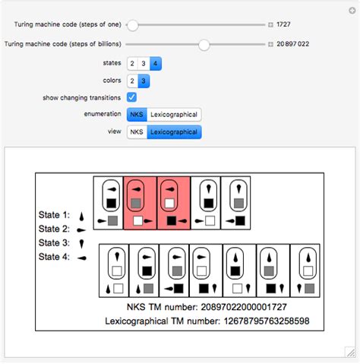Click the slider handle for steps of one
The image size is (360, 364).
click(x=132, y=25)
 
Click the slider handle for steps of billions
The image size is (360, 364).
click(x=204, y=45)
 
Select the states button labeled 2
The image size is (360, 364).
click(x=132, y=63)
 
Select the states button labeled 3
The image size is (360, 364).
click(x=143, y=63)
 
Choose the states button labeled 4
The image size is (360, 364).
click(x=154, y=63)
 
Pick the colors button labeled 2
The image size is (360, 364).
click(x=132, y=81)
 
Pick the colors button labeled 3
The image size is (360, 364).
click(x=143, y=81)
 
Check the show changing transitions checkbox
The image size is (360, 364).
click(x=131, y=97)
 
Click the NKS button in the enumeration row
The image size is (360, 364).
click(x=137, y=115)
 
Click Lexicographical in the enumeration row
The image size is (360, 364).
click(x=174, y=115)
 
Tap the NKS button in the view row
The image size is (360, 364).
click(x=137, y=132)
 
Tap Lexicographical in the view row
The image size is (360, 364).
click(x=174, y=132)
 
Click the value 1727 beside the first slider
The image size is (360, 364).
click(x=284, y=25)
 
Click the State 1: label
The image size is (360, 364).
click(x=54, y=215)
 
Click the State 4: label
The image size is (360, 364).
click(x=54, y=258)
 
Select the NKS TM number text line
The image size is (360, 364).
click(x=207, y=307)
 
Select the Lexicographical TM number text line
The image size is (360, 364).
click(x=207, y=322)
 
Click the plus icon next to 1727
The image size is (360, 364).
click(x=270, y=25)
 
